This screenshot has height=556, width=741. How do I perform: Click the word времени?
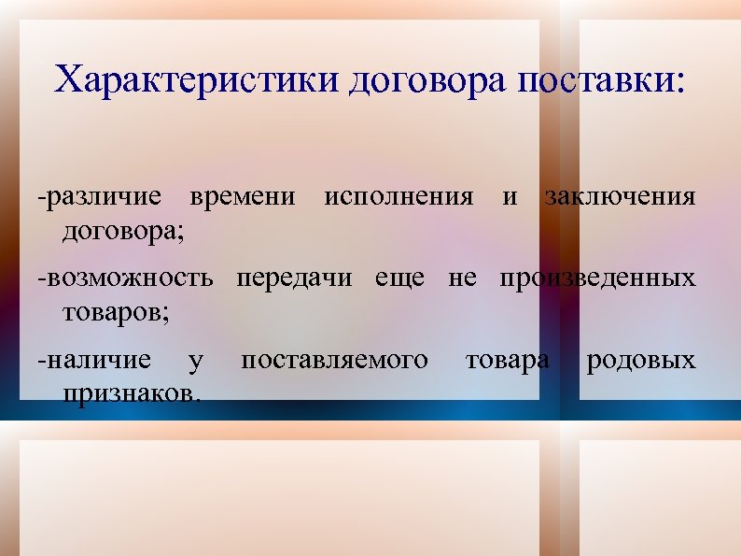(x=243, y=197)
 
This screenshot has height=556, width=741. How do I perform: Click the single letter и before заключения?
(x=510, y=197)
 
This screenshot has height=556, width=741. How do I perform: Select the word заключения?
(x=620, y=197)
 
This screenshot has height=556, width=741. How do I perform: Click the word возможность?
(x=125, y=278)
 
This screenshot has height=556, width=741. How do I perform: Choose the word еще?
(x=398, y=278)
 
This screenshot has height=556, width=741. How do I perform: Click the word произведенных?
(x=597, y=278)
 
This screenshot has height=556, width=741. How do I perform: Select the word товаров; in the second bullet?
(x=116, y=310)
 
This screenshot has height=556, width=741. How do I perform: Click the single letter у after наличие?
(x=194, y=361)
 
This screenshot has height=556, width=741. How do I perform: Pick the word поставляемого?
(x=335, y=359)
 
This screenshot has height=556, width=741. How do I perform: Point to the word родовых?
(x=640, y=359)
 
